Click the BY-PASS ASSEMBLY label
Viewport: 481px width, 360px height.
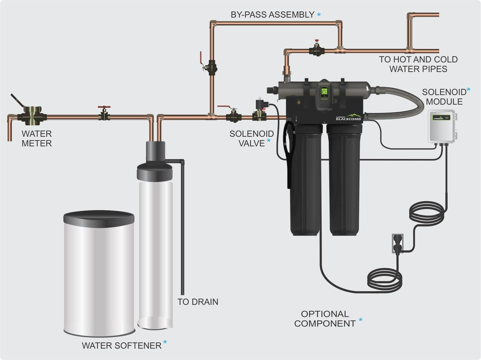272,15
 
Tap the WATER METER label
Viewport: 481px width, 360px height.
36,138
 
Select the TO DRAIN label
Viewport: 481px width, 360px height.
198,302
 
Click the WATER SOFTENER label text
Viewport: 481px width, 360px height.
121,345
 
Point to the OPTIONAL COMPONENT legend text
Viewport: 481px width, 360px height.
325,319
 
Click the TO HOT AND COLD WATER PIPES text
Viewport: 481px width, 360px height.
418,64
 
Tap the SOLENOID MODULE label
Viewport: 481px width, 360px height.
444,97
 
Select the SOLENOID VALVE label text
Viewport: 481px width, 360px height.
251,138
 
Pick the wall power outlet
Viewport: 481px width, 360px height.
398,243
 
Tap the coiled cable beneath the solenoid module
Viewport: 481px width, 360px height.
427,213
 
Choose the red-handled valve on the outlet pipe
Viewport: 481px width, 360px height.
317,49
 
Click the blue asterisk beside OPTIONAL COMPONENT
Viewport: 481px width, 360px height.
361,320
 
